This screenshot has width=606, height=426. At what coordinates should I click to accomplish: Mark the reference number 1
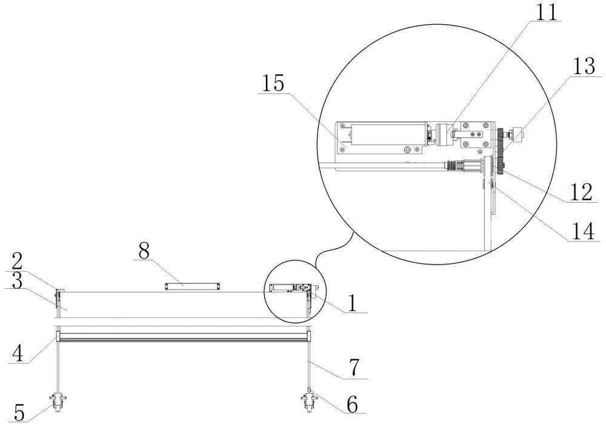(x=349, y=302)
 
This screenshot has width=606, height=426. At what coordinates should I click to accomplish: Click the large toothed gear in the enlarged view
(x=501, y=146)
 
